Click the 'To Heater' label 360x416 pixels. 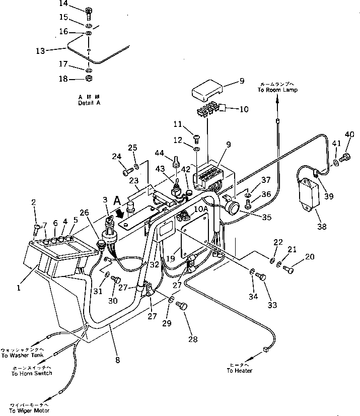[x=239, y=371]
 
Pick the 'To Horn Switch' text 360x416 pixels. [x=29, y=374]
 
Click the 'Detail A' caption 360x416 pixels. [x=89, y=103]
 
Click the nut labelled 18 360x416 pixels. [x=88, y=80]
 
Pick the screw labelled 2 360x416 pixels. [x=35, y=231]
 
